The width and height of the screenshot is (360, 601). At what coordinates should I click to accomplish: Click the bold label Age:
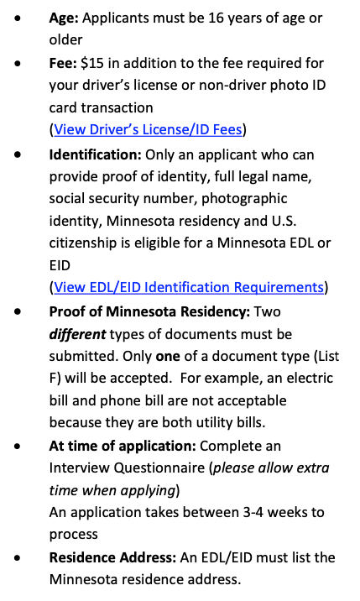click(x=64, y=18)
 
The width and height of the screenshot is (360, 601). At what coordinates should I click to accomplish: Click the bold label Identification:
click(x=95, y=154)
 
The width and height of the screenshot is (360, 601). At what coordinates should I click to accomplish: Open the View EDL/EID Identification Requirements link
click(x=189, y=287)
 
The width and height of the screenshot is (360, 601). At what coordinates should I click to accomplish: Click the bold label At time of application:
click(x=118, y=445)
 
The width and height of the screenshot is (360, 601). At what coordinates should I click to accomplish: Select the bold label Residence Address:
click(x=110, y=557)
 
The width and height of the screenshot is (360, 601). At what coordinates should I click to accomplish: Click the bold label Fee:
click(x=63, y=63)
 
